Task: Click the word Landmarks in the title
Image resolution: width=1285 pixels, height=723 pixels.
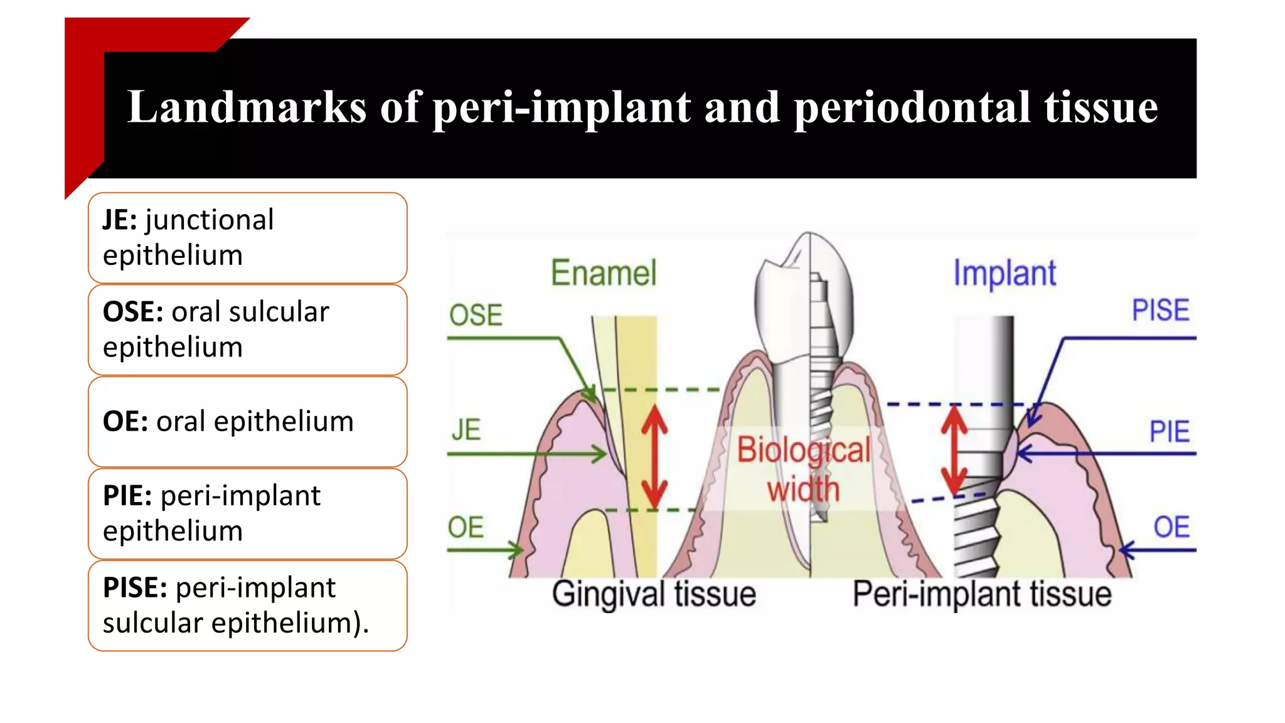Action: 246,107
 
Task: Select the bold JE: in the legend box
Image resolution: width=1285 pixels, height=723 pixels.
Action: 120,220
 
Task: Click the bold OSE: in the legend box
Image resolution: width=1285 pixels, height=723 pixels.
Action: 133,312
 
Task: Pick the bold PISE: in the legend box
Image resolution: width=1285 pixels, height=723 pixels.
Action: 135,588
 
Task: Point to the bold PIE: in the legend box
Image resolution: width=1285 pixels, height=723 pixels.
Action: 127,496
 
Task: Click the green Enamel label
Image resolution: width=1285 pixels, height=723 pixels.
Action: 604,273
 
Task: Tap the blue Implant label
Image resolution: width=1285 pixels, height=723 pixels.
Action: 1005,274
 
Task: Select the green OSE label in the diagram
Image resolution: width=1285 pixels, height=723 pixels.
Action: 476,314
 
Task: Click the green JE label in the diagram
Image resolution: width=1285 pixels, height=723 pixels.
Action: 466,430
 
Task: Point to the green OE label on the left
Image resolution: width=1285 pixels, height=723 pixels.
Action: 466,527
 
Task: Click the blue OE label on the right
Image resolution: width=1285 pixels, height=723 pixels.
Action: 1171,527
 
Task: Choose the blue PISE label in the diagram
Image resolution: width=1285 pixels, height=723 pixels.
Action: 1160,310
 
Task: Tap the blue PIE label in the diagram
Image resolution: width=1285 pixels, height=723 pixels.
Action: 1169,432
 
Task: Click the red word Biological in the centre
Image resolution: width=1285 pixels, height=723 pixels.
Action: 803,450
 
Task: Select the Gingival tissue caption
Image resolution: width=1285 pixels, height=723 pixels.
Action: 654,594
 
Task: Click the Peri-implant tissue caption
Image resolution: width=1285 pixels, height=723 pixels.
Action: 981,594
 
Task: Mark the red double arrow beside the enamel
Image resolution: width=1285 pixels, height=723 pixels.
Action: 654,456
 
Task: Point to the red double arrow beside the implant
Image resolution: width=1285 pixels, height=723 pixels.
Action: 954,450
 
